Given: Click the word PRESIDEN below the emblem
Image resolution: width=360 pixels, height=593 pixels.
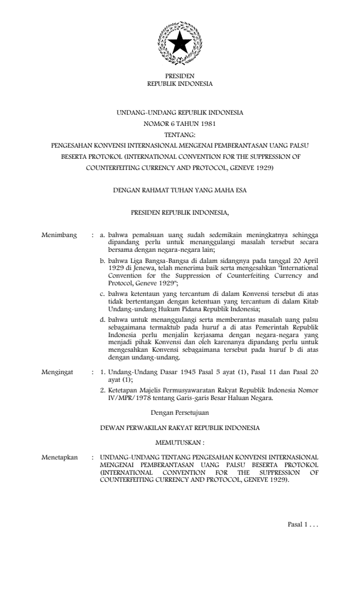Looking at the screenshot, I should tap(179, 76).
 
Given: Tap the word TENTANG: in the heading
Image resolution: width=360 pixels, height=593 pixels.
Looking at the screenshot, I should tap(179, 134).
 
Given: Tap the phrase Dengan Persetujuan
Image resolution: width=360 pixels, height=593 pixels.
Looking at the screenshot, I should tap(179, 414).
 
